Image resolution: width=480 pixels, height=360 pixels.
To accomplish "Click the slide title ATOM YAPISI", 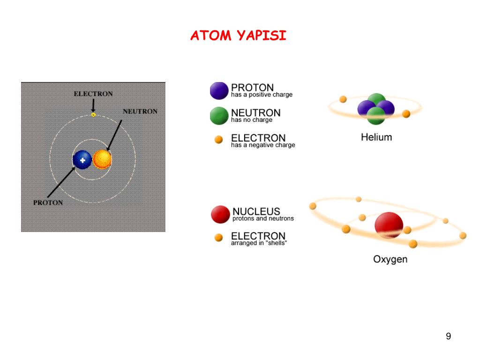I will pyautogui.click(x=238, y=36).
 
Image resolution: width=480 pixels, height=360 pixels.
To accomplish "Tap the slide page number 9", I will pyautogui.click(x=449, y=336).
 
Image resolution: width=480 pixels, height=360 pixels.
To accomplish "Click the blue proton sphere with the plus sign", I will pyautogui.click(x=82, y=160).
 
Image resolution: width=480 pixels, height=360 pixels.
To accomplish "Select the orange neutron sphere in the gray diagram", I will pyautogui.click(x=102, y=160).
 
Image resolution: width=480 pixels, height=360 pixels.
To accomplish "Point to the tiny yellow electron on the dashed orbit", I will pyautogui.click(x=93, y=114).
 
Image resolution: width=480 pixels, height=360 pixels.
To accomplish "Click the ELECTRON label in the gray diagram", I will pyautogui.click(x=93, y=94).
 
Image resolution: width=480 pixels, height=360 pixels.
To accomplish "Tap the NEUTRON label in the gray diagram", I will pyautogui.click(x=140, y=112).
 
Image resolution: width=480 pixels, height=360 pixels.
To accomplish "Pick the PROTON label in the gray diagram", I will pyautogui.click(x=48, y=203).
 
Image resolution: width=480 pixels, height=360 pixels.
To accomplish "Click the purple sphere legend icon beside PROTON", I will pyautogui.click(x=219, y=91).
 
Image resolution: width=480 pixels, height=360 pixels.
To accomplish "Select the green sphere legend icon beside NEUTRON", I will pyautogui.click(x=219, y=116).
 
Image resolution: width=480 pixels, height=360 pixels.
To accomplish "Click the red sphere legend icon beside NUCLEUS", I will pyautogui.click(x=220, y=214).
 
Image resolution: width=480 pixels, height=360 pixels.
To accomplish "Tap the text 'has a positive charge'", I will pyautogui.click(x=262, y=95).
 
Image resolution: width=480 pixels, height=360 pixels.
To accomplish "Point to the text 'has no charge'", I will pyautogui.click(x=252, y=120).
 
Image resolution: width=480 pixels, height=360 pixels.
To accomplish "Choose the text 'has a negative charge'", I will pyautogui.click(x=263, y=145).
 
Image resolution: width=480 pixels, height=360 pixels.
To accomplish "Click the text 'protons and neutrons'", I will pyautogui.click(x=263, y=218).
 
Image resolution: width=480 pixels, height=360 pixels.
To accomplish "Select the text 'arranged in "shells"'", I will pyautogui.click(x=259, y=243).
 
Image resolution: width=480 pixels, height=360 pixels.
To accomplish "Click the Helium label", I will pyautogui.click(x=376, y=137).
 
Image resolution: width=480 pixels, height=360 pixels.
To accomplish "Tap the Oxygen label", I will pyautogui.click(x=390, y=259).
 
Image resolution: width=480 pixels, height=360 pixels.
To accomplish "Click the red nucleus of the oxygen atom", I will pyautogui.click(x=389, y=225).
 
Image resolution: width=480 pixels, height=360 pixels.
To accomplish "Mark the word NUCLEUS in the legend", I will pyautogui.click(x=256, y=211).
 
